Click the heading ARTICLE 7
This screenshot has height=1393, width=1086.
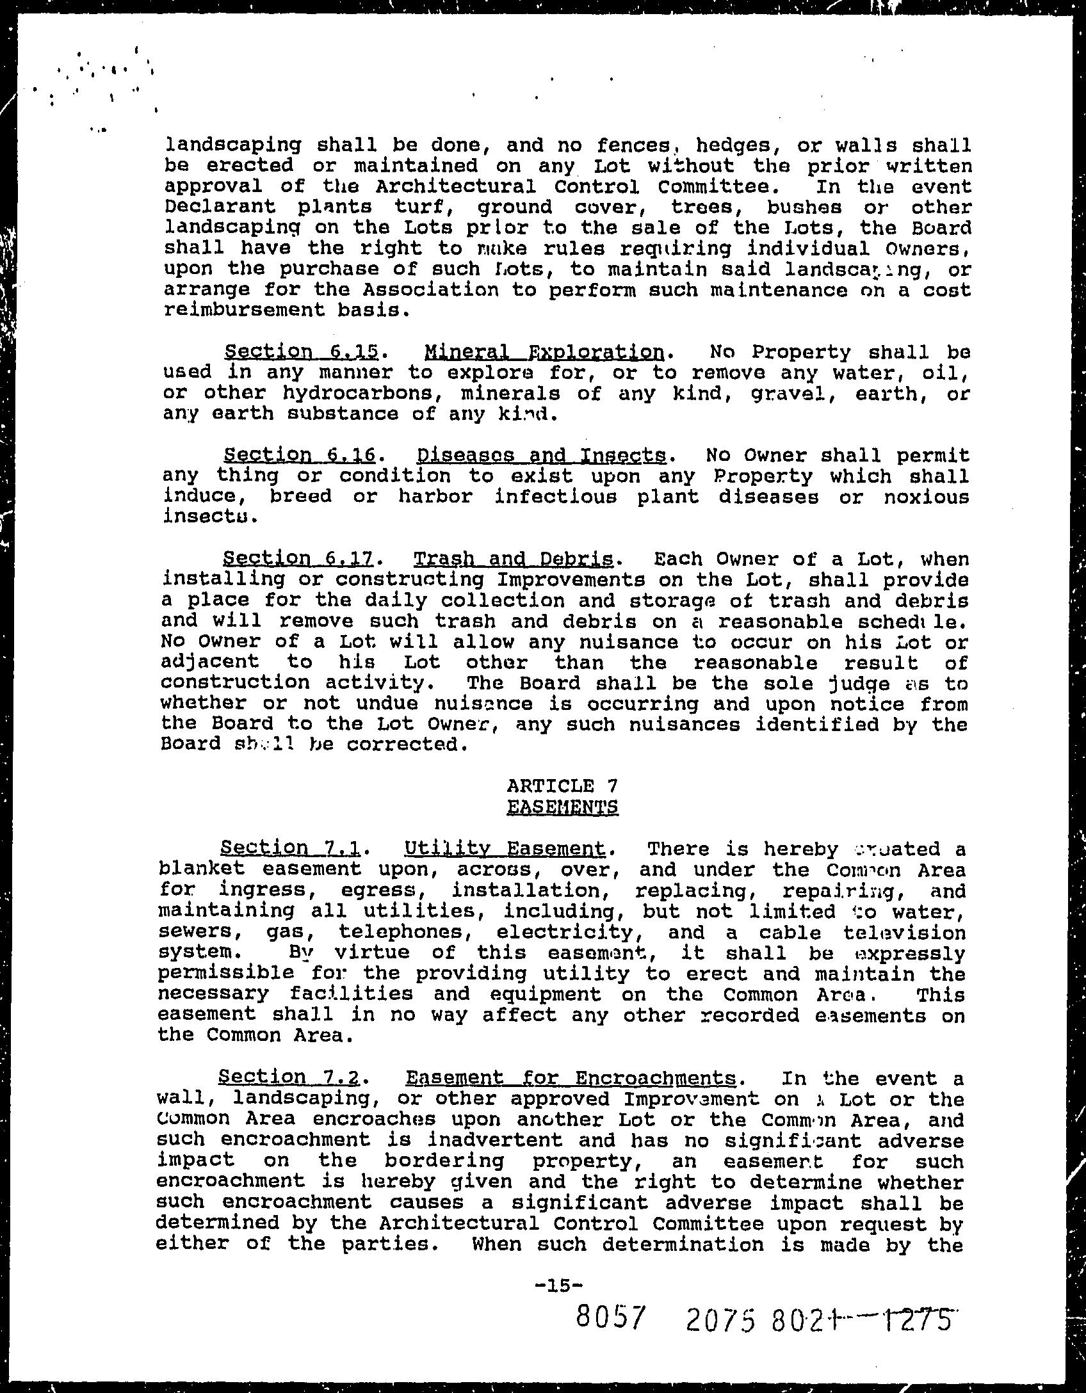(x=562, y=785)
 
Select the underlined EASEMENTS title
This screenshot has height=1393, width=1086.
(x=562, y=806)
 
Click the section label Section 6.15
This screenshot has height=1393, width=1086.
(x=301, y=352)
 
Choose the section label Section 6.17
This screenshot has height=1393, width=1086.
(x=299, y=559)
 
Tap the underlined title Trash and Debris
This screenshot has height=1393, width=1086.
(x=514, y=559)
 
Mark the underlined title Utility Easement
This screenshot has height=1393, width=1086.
(x=505, y=849)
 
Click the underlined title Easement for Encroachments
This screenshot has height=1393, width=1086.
(x=571, y=1078)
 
